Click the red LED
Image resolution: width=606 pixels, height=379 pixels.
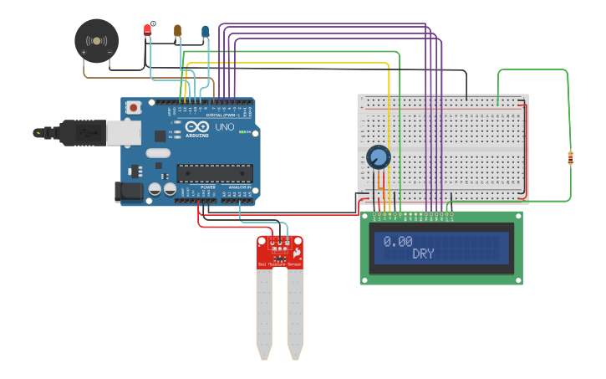tap(148, 30)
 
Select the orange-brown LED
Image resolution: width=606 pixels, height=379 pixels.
tap(177, 31)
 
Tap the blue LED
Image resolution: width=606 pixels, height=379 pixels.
tap(205, 32)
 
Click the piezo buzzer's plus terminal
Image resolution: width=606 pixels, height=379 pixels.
tap(84, 53)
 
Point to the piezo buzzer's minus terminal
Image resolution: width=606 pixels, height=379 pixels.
tap(109, 53)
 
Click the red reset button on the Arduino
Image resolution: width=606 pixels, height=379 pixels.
tap(133, 107)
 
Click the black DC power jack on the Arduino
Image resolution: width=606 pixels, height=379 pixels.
tap(129, 191)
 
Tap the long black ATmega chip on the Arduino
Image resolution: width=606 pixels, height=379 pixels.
tap(214, 173)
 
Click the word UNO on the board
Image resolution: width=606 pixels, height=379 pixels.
tap(225, 127)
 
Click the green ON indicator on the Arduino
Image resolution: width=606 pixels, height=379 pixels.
tap(242, 131)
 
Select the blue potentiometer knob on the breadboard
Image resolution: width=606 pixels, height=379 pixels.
tap(379, 156)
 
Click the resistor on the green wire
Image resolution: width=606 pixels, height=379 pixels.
tap(570, 157)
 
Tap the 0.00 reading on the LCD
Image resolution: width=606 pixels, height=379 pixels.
tap(398, 241)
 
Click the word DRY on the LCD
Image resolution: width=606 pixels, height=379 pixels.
tap(423, 254)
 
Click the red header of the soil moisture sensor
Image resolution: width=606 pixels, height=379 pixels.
tap(280, 252)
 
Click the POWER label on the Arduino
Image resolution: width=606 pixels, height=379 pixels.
tap(208, 187)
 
